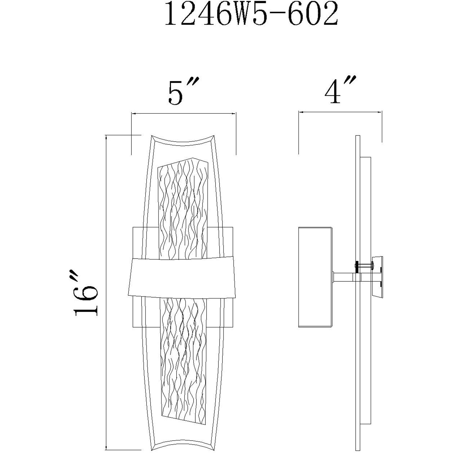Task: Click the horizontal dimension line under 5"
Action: click(184, 114)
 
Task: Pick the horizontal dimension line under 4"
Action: click(340, 112)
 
